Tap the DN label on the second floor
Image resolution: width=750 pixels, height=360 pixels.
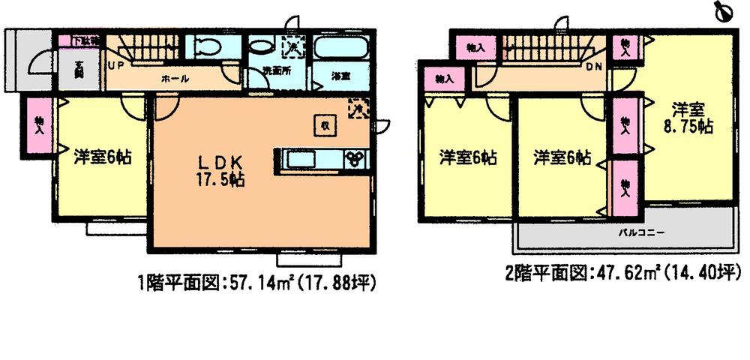click(593, 65)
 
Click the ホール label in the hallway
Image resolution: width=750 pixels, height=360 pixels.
click(175, 78)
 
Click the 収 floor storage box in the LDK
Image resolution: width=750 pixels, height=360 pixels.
click(324, 125)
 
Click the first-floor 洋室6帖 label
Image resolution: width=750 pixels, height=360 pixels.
click(103, 157)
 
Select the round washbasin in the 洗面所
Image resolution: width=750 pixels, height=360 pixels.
click(260, 46)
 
